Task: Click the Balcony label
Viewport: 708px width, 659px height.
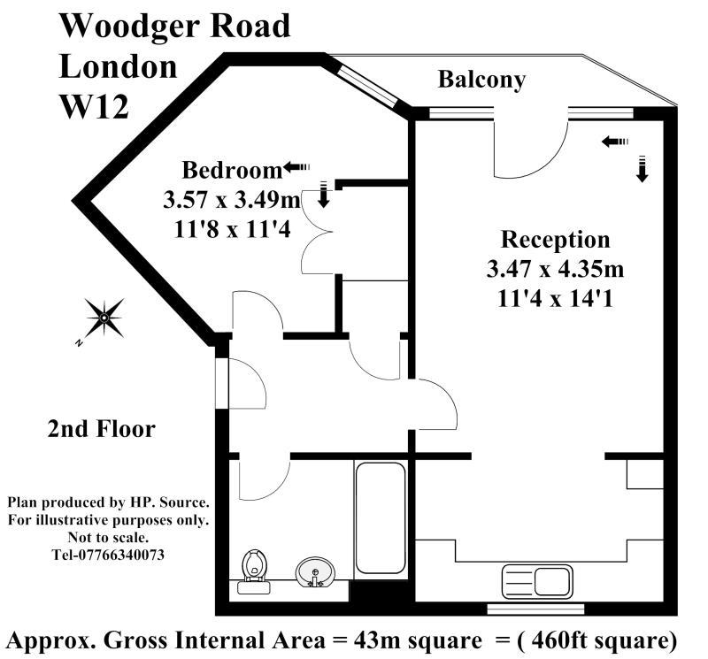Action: point(481,80)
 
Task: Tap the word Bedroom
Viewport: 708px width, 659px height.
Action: point(231,169)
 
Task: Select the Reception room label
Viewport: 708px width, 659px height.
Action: point(555,239)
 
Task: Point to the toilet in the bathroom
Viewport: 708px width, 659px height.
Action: point(255,567)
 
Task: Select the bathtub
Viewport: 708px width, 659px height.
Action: point(381,517)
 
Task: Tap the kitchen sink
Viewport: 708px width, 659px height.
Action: point(536,581)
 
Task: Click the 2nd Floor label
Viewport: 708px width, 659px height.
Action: point(101,430)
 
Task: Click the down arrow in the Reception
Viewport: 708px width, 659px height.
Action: point(643,168)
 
